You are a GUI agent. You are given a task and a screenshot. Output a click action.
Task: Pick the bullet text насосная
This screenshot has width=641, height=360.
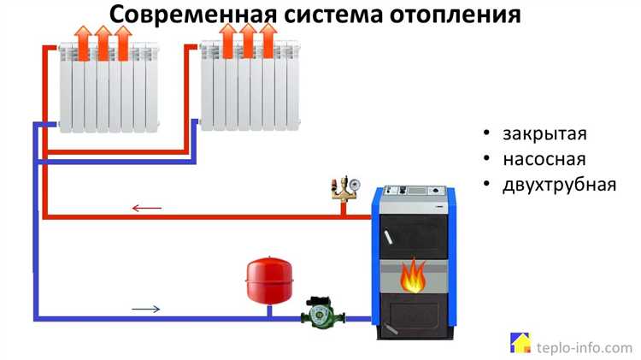click(544, 159)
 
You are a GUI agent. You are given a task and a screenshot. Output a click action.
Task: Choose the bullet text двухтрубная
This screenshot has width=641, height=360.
click(559, 184)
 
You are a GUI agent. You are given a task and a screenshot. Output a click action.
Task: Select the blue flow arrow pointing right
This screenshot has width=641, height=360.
click(145, 309)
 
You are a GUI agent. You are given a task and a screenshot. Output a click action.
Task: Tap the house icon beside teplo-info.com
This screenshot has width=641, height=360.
click(520, 344)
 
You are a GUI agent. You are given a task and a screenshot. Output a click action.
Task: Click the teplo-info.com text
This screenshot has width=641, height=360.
click(584, 346)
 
